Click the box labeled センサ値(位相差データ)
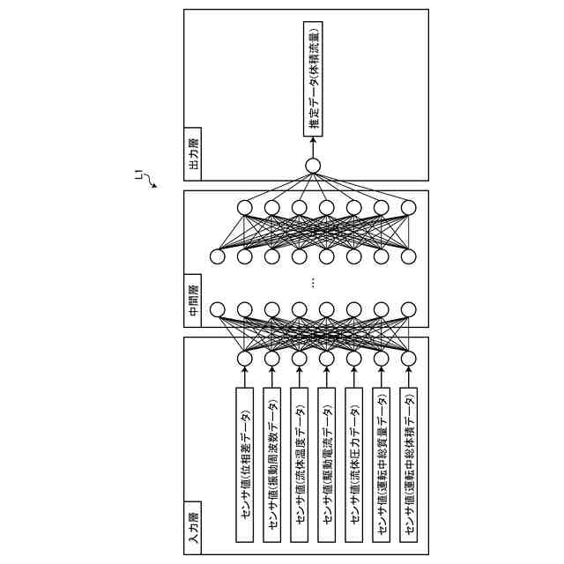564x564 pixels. pos(245,464)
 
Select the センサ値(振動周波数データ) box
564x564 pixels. pos(272,464)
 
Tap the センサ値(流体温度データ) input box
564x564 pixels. pos(300,464)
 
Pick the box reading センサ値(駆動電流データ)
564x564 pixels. pos(327,464)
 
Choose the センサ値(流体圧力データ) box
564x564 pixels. pos(354,464)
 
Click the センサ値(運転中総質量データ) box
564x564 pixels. pos(382,464)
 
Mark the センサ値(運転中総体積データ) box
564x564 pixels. pos(409,464)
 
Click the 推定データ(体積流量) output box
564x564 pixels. pos(313,80)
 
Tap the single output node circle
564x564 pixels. pos(313,166)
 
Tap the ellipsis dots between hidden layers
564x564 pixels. pos(314,283)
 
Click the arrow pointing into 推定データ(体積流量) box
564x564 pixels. pos(313,146)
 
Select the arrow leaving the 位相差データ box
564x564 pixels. pos(245,376)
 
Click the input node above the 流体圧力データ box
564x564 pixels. pos(354,359)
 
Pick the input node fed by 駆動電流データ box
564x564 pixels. pos(327,359)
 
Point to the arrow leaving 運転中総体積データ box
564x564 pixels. pos(409,376)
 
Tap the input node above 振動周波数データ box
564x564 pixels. pos(272,359)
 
